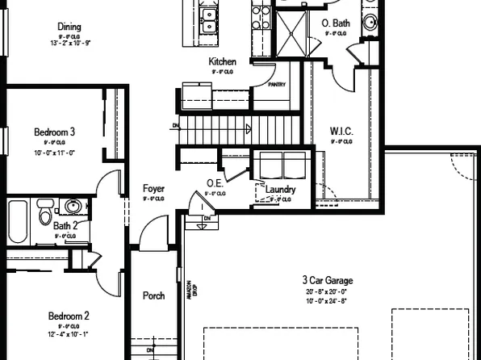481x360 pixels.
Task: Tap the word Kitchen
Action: [x=222, y=61]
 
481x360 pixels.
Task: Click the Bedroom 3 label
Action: [x=54, y=132]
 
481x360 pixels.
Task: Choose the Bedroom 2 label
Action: [x=68, y=316]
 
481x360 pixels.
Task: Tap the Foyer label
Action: [x=153, y=188]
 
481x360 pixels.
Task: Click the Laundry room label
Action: [x=280, y=190]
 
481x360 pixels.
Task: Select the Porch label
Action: [x=153, y=296]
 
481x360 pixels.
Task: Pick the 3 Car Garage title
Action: [x=328, y=281]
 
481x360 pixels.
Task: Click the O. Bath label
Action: [x=335, y=24]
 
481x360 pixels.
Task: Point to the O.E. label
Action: [x=215, y=183]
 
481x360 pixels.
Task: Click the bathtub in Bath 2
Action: [x=19, y=222]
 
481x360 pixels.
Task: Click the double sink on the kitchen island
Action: [x=207, y=21]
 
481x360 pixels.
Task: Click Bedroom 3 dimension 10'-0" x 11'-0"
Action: [x=54, y=153]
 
